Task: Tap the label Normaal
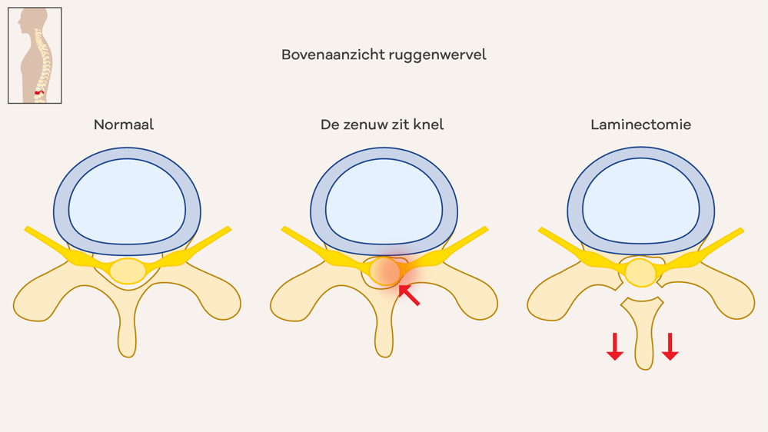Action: pos(124,125)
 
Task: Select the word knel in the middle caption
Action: pos(427,125)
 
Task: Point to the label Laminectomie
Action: pos(640,125)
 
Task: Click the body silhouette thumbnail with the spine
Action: pos(35,55)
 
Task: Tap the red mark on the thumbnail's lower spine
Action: pos(39,92)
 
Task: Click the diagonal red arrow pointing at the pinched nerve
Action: pos(409,295)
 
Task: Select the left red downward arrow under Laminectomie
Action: pos(615,347)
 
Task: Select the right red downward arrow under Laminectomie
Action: pos(670,347)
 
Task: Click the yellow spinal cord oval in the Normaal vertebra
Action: pos(128,271)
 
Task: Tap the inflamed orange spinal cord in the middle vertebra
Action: pos(384,271)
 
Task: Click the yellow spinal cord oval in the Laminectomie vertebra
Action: pos(640,273)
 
